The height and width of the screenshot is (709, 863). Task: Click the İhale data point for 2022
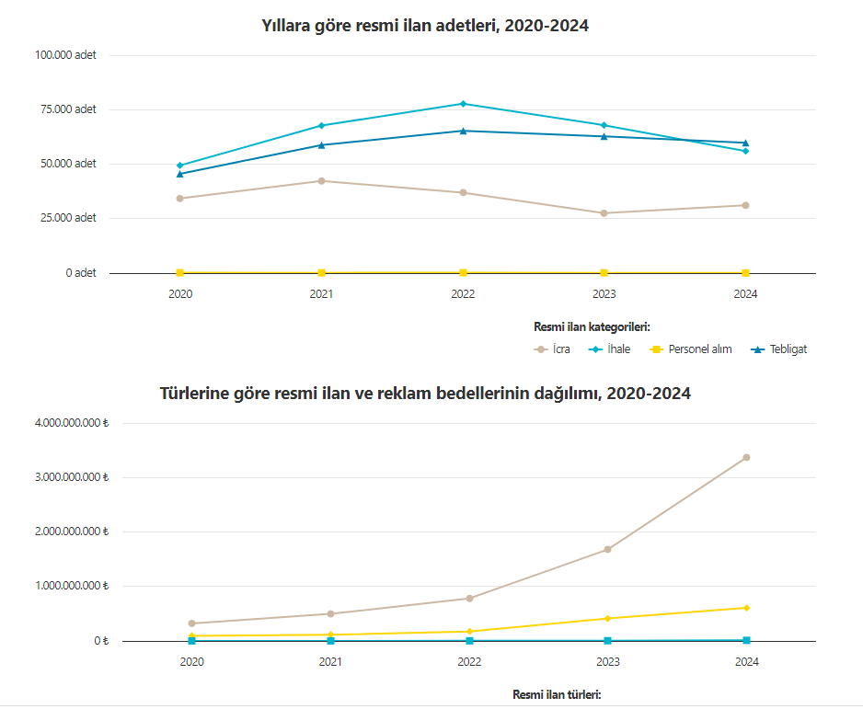click(x=463, y=104)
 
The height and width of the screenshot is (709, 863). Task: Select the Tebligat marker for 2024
click(x=745, y=143)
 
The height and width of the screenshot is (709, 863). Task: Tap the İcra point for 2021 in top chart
click(x=321, y=181)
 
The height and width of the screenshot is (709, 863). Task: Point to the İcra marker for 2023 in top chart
click(x=604, y=213)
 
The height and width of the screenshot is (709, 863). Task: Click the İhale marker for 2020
click(x=179, y=166)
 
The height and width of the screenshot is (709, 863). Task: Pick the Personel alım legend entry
click(x=691, y=349)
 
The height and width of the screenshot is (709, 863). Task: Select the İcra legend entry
click(x=553, y=349)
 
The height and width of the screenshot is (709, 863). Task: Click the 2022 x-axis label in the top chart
click(x=463, y=294)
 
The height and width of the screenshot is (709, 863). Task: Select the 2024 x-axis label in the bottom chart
click(x=746, y=662)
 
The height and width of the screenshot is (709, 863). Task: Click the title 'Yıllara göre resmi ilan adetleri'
click(x=425, y=26)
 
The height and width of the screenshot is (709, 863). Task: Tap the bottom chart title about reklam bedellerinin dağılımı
click(x=425, y=394)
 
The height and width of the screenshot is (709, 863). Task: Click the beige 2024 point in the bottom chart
click(x=746, y=457)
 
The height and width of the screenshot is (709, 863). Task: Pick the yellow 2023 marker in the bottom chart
click(x=607, y=618)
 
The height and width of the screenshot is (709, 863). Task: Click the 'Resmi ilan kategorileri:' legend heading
click(x=593, y=326)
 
